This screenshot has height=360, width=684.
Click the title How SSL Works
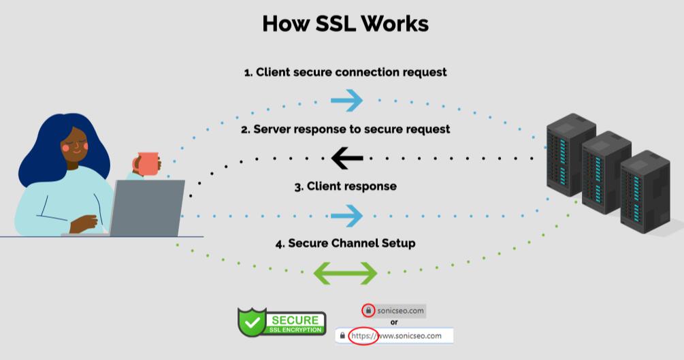tap(345, 23)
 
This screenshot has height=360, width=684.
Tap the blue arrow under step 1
tap(346, 101)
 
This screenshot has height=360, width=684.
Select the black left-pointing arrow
tap(346, 159)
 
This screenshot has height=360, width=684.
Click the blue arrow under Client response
tap(346, 216)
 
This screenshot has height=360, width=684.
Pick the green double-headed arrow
tap(344, 273)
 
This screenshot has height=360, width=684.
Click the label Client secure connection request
tap(345, 71)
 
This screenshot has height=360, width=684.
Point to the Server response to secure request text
tap(345, 129)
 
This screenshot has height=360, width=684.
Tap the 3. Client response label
tap(345, 186)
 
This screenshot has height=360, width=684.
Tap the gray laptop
tap(148, 208)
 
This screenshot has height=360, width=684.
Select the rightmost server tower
tap(645, 191)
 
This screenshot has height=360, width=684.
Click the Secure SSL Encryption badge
tap(282, 322)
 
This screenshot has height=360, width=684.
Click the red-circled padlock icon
tap(368, 310)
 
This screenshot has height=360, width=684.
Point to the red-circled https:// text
tap(363, 336)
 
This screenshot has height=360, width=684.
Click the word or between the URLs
tap(393, 323)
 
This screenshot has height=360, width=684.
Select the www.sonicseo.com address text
tap(410, 336)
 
